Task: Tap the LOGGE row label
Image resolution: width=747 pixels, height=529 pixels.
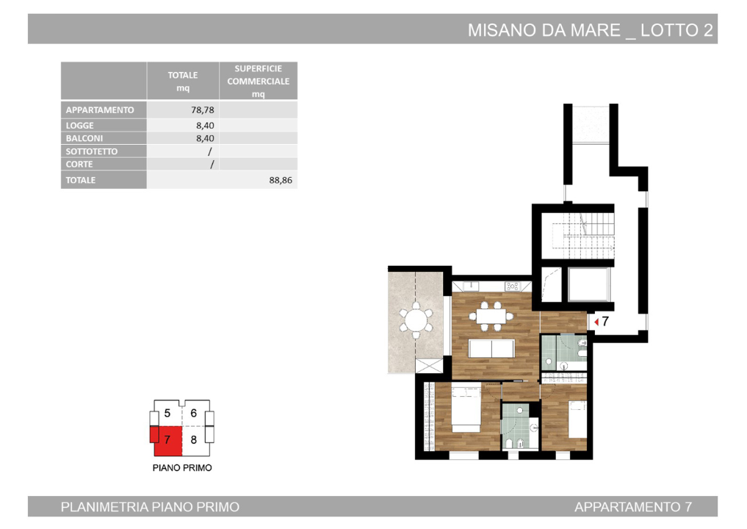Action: pyautogui.click(x=80, y=126)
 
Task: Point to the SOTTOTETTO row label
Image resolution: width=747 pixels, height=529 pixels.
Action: pyautogui.click(x=92, y=151)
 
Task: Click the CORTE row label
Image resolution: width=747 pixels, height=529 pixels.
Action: pyautogui.click(x=79, y=165)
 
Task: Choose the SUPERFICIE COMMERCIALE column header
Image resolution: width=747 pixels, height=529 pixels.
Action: pyautogui.click(x=259, y=81)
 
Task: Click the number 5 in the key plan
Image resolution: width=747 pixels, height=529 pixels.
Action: pyautogui.click(x=167, y=414)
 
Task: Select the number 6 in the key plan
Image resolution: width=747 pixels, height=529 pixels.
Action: pyautogui.click(x=194, y=414)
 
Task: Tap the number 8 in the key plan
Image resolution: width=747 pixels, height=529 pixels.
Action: pyautogui.click(x=194, y=440)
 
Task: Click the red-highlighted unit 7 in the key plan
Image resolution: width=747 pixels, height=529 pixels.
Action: pyautogui.click(x=167, y=440)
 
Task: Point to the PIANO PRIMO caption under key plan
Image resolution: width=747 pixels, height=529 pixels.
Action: pyautogui.click(x=182, y=467)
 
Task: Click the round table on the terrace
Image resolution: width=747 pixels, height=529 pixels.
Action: pyautogui.click(x=416, y=321)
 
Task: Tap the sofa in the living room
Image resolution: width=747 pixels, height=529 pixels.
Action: pyautogui.click(x=491, y=348)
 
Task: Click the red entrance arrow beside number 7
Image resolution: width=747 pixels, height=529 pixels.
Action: pyautogui.click(x=596, y=321)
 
